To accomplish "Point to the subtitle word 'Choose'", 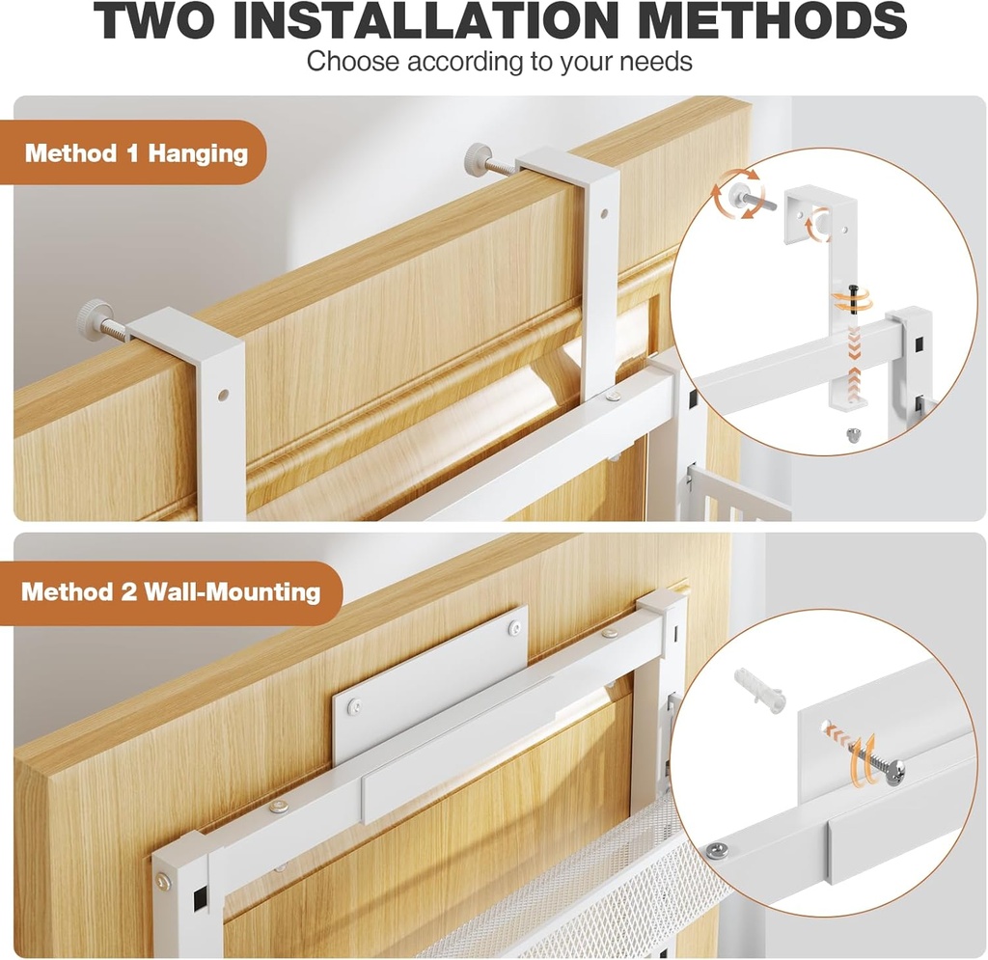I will (x=353, y=62).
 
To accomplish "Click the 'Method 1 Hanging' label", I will (x=136, y=153).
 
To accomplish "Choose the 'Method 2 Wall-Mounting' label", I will (x=171, y=591).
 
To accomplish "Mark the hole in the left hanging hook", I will (x=224, y=395).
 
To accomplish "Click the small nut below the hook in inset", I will (x=853, y=435).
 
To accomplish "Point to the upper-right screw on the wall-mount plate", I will (x=511, y=628).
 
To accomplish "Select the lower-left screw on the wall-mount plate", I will (x=355, y=707).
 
